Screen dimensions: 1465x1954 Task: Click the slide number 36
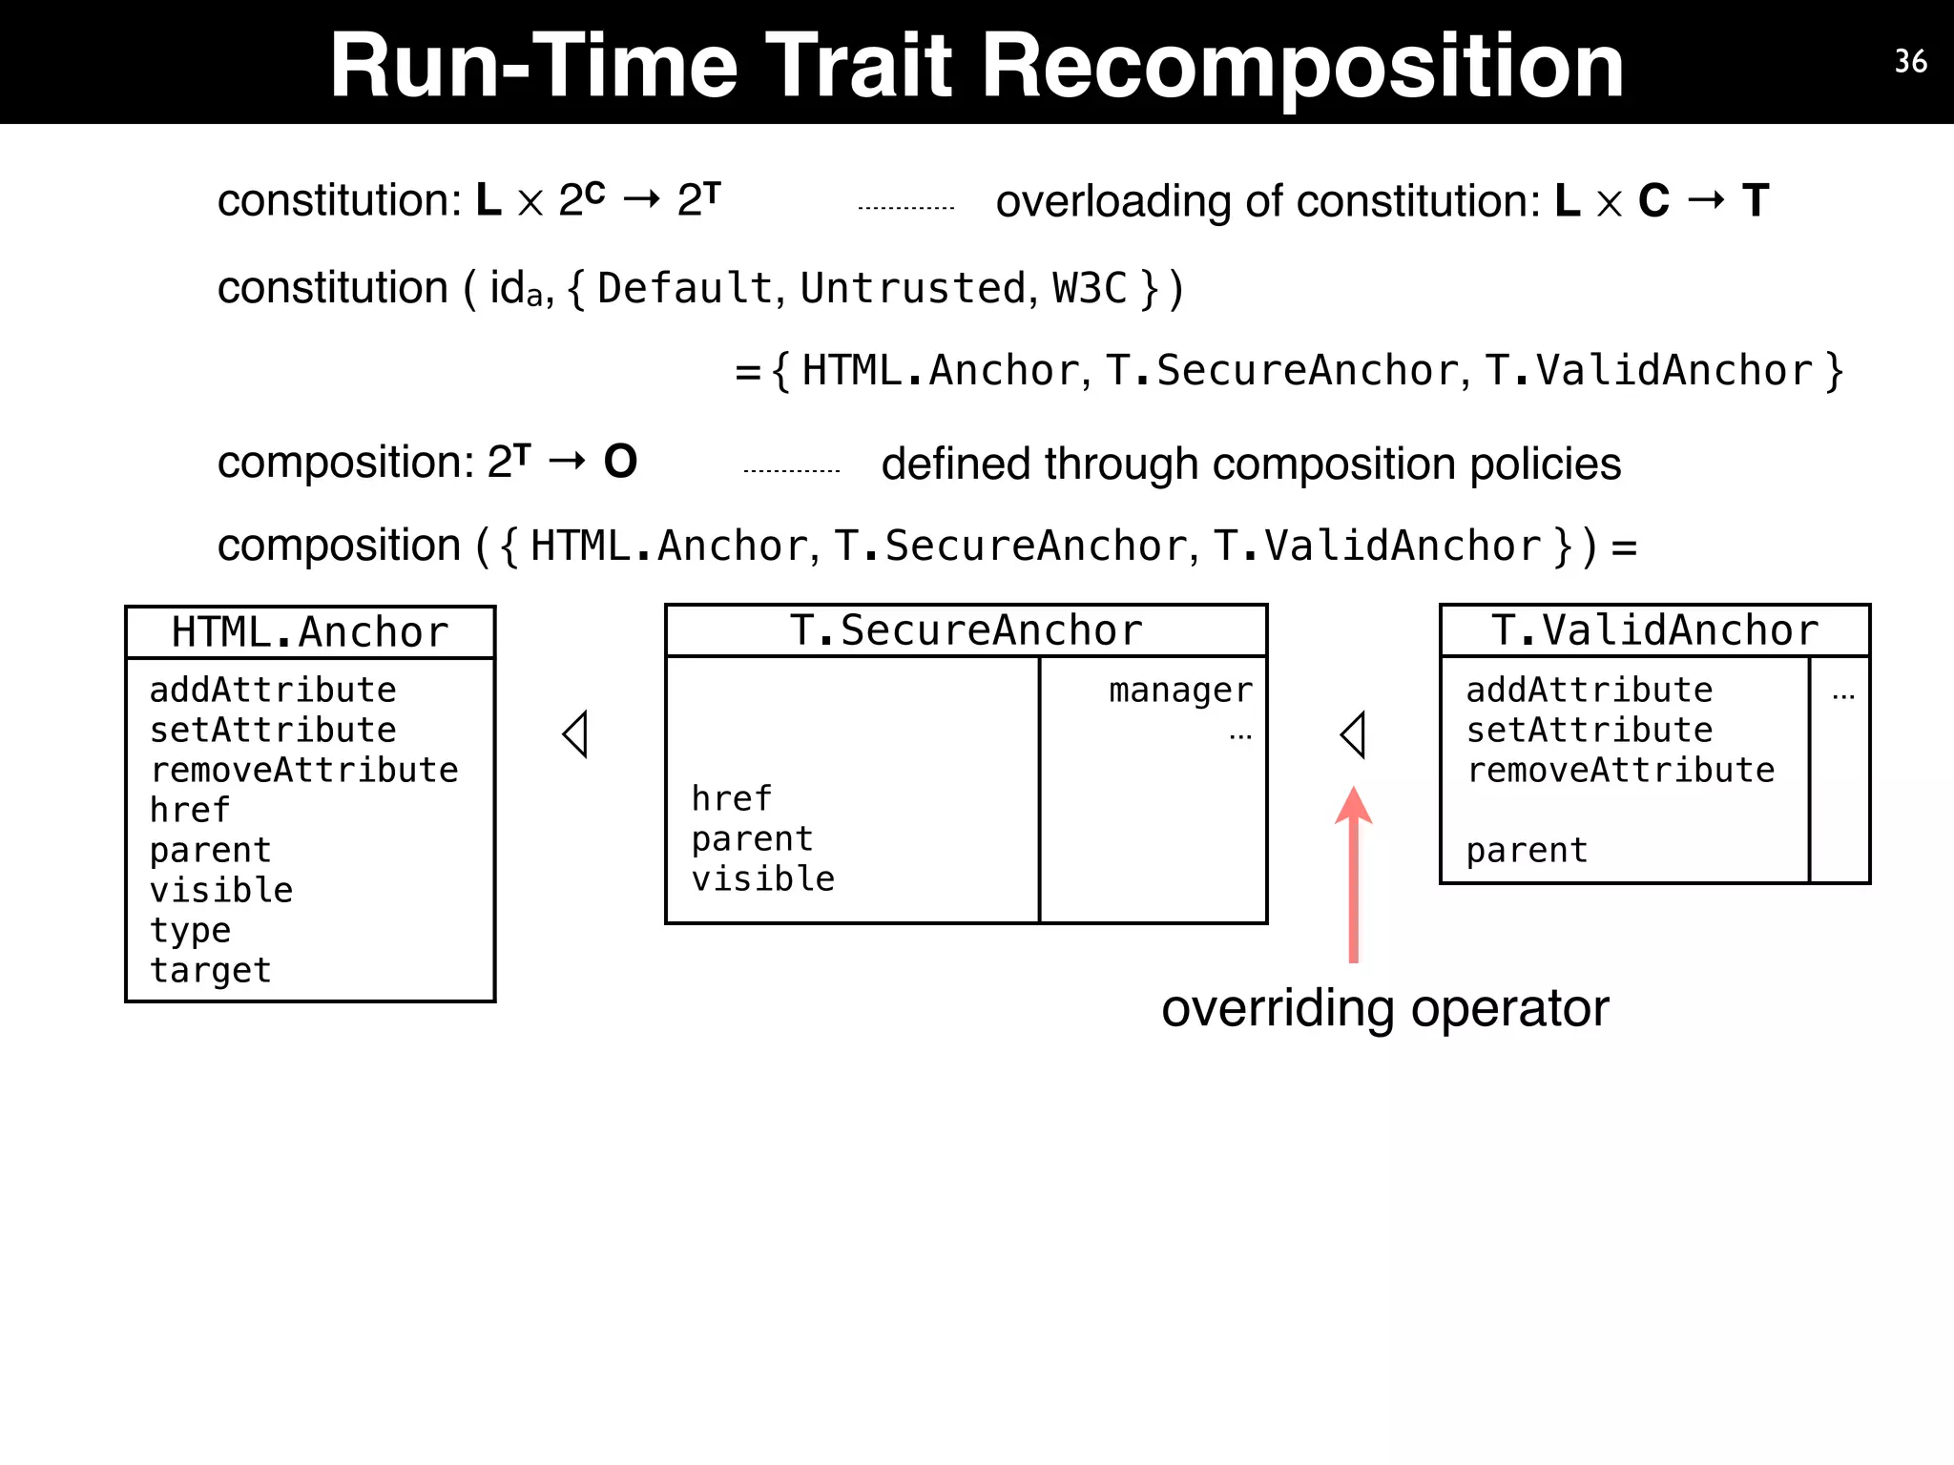pyautogui.click(x=1910, y=62)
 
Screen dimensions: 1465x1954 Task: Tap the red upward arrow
pyautogui.click(x=1353, y=873)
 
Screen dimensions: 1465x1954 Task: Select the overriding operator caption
pyautogui.click(x=1384, y=1009)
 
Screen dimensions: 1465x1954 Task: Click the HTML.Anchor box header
pyautogui.click(x=310, y=632)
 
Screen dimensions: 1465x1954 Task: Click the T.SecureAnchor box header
pyautogui.click(x=966, y=630)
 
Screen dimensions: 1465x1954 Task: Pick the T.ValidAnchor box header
pyautogui.click(x=1654, y=630)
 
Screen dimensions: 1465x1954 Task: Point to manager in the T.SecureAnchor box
pyautogui.click(x=1180, y=691)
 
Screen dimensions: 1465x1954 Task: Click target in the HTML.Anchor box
pyautogui.click(x=211, y=971)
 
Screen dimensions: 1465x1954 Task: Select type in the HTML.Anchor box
pyautogui.click(x=190, y=931)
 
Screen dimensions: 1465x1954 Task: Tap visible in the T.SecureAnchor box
pyautogui.click(x=762, y=879)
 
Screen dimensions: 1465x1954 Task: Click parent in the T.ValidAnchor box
pyautogui.click(x=1527, y=851)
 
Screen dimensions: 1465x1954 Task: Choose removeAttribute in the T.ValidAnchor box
pyautogui.click(x=1620, y=771)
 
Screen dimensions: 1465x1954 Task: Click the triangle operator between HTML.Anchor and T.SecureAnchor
pyautogui.click(x=575, y=734)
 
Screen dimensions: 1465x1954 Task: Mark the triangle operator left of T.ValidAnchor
pyautogui.click(x=1353, y=734)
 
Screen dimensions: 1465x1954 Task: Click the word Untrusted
pyautogui.click(x=912, y=289)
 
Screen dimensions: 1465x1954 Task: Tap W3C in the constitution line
pyautogui.click(x=1090, y=289)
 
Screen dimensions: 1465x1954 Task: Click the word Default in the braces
pyautogui.click(x=684, y=289)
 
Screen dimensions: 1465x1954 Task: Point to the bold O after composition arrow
pyautogui.click(x=620, y=463)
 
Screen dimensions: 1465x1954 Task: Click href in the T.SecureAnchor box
pyautogui.click(x=731, y=799)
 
